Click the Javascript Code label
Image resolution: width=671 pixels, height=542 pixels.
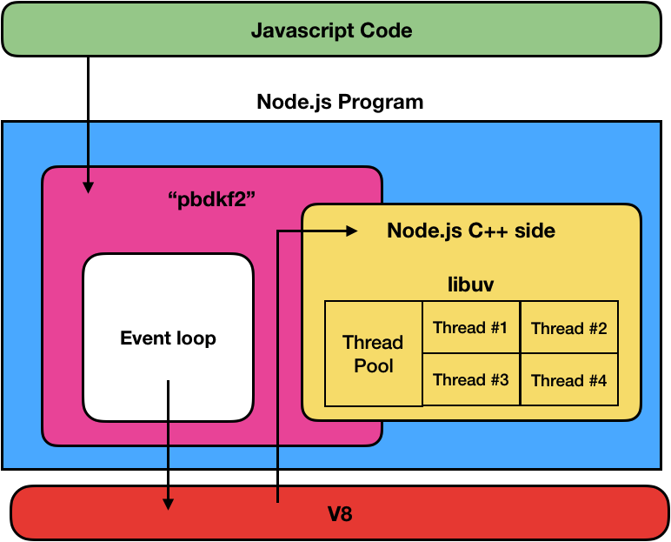coord(331,30)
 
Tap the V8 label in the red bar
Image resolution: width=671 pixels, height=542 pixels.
coord(340,514)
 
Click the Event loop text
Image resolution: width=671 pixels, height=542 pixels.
coord(168,338)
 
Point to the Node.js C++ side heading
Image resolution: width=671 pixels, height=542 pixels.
coord(470,231)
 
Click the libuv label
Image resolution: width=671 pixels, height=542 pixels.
coord(470,284)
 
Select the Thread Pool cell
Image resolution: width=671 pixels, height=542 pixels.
coord(373,353)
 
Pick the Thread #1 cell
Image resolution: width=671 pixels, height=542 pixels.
coord(470,327)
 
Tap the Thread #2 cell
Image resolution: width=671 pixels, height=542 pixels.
coord(568,328)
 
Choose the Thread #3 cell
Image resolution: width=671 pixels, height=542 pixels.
coord(470,379)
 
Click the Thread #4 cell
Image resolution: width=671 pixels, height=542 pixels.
coord(568,380)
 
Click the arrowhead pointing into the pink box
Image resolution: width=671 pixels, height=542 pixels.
coord(88,185)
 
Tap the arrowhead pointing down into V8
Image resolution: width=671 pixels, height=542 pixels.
coord(168,504)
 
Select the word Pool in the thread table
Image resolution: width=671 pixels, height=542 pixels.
coord(373,365)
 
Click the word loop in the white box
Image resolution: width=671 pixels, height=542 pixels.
coord(196,338)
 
